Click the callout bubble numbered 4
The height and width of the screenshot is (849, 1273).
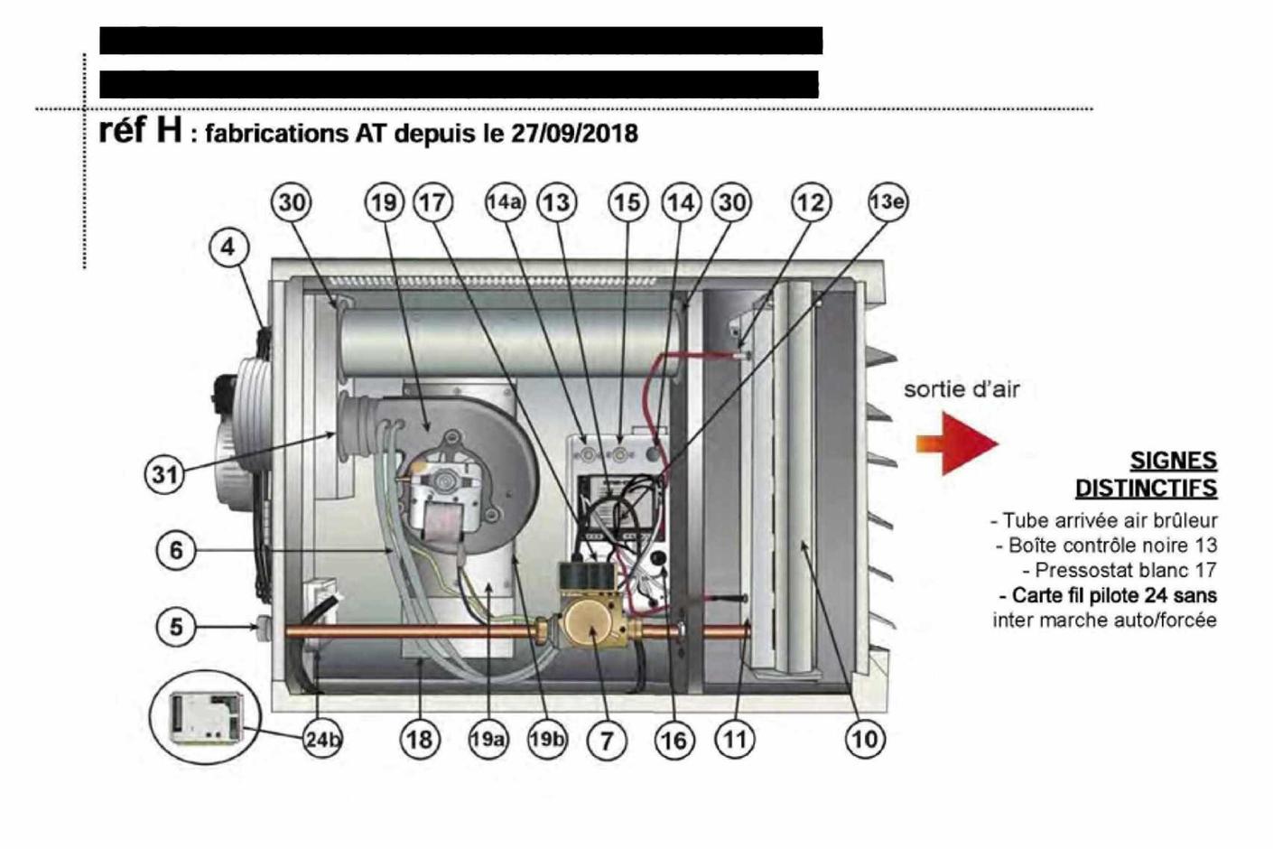point(228,247)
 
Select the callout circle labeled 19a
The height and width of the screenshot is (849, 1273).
point(487,740)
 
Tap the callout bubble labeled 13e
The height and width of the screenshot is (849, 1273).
point(887,202)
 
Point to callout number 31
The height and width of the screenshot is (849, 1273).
point(164,473)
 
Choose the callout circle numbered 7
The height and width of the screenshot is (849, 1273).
point(607,741)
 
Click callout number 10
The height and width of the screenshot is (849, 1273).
point(864,740)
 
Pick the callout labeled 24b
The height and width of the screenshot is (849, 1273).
point(323,740)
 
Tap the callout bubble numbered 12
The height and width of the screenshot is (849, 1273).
point(810,202)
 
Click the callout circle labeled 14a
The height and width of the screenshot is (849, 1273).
point(505,202)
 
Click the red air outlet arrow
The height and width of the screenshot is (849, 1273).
point(957,443)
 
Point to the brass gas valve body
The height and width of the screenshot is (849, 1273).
point(590,628)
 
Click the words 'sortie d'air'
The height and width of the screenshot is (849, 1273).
point(962,389)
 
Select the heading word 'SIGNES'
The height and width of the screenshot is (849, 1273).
point(1173,461)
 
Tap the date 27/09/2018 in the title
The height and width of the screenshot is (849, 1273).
point(574,134)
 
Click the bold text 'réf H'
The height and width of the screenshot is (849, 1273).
point(140,130)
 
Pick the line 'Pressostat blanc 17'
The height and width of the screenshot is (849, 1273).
point(1120,570)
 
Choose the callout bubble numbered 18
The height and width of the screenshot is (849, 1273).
point(420,740)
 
